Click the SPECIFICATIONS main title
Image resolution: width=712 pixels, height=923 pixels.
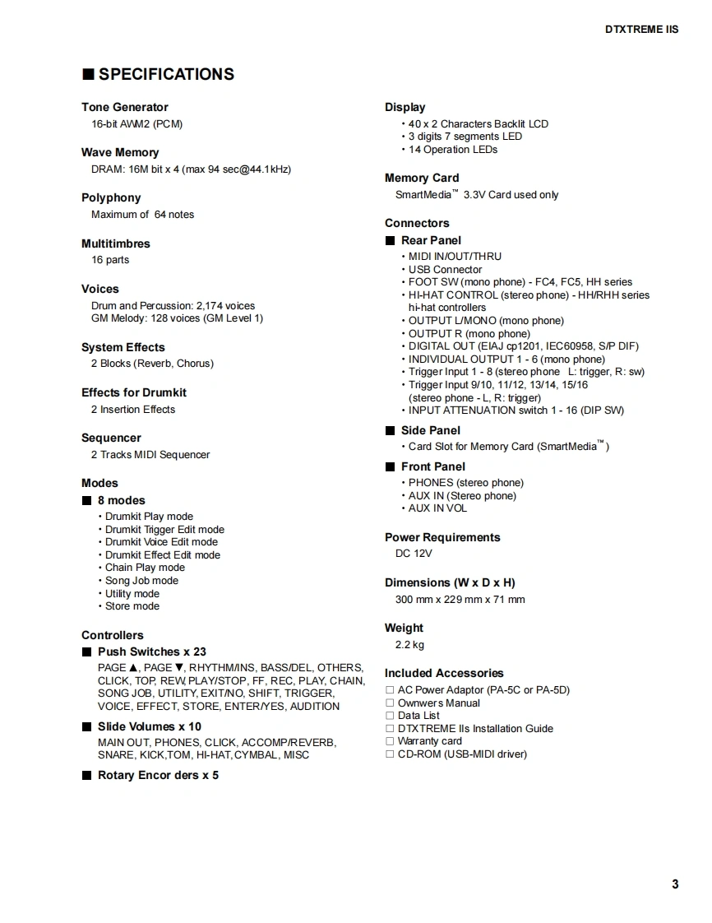166,74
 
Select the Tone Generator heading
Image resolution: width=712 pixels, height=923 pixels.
124,107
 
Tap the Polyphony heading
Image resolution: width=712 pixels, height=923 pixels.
111,197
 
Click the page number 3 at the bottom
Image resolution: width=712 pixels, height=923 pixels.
675,884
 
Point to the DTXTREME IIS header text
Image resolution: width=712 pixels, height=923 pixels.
641,29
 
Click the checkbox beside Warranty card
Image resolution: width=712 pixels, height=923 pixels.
390,741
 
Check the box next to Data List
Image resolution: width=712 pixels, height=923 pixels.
390,716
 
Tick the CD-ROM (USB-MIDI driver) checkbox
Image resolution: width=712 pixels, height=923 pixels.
390,754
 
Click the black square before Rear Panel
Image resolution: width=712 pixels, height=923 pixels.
391,240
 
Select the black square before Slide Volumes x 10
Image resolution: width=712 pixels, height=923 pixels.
87,726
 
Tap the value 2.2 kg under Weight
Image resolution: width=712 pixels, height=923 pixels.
409,645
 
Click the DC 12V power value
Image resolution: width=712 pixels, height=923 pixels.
414,554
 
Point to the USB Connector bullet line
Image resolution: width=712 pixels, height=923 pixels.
445,269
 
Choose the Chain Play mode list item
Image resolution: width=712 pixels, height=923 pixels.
145,568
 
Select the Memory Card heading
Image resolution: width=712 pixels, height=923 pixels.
422,178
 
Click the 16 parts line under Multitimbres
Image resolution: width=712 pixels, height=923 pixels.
110,260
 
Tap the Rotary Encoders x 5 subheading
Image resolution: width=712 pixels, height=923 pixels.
158,775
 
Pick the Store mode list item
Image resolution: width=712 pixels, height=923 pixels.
132,606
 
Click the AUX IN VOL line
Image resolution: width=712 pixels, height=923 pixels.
437,508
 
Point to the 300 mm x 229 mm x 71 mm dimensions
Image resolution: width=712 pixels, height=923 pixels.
460,600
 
